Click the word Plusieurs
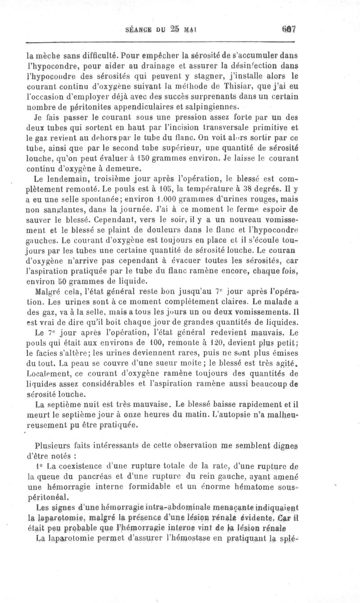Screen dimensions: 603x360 pyautogui.click(x=53, y=445)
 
